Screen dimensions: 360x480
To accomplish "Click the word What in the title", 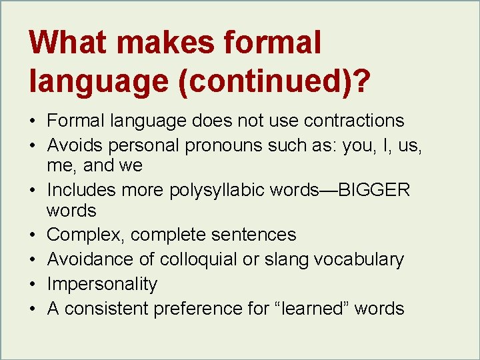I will click(69, 43).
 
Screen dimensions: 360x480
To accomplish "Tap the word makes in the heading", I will click(174, 43).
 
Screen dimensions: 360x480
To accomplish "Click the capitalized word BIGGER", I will click(375, 191).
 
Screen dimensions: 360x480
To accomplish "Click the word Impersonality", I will click(102, 284).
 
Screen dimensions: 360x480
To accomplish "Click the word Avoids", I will click(73, 145).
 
